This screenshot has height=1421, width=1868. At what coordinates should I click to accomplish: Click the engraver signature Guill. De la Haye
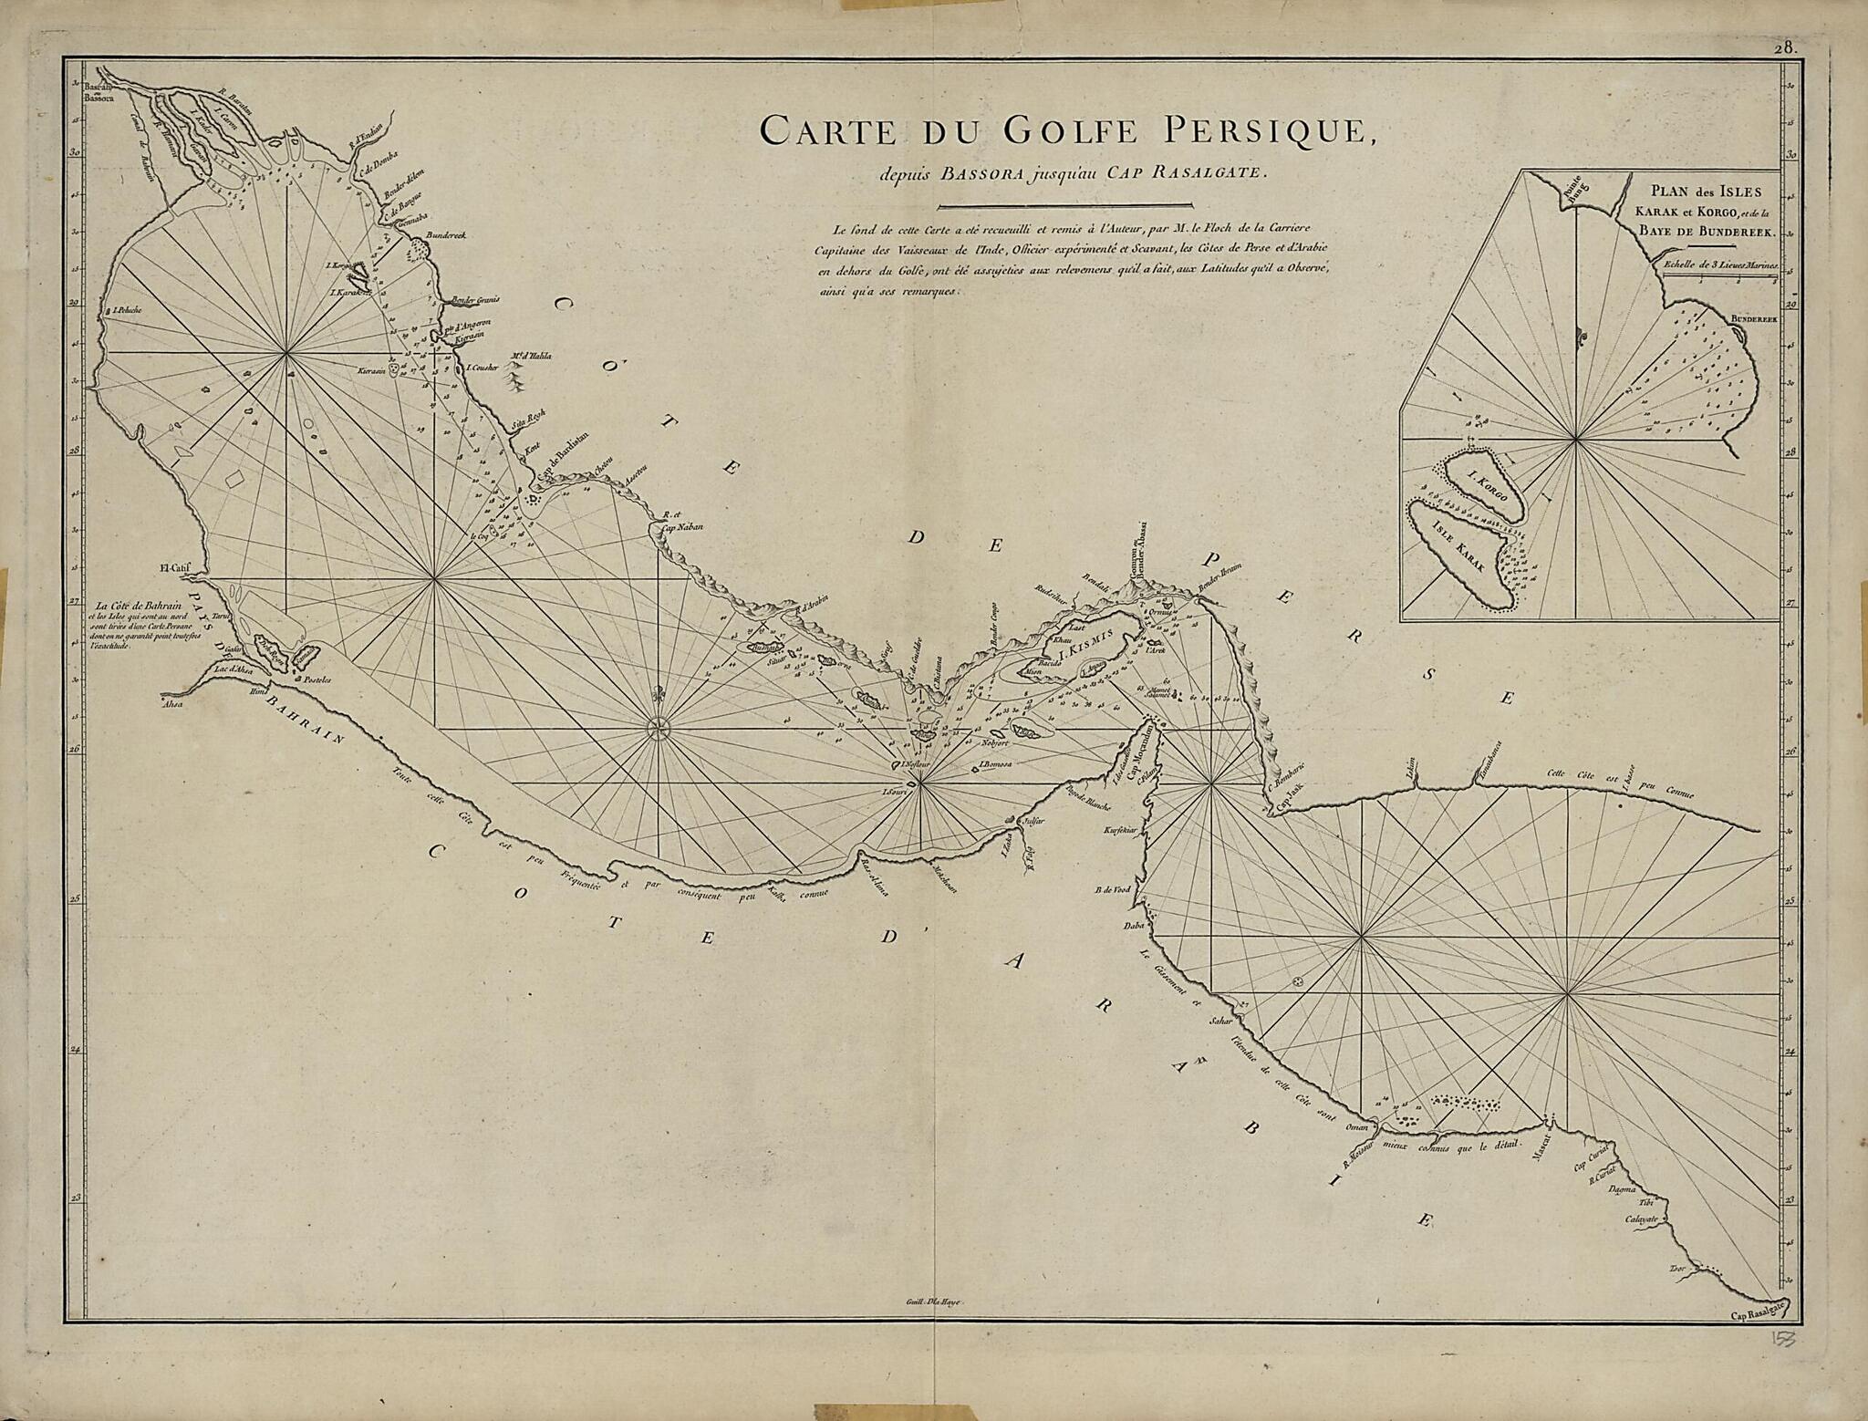coord(927,1304)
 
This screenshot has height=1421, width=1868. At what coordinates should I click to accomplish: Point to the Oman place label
coord(1358,1128)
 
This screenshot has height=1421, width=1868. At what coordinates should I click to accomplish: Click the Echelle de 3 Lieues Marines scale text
coord(1720,265)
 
